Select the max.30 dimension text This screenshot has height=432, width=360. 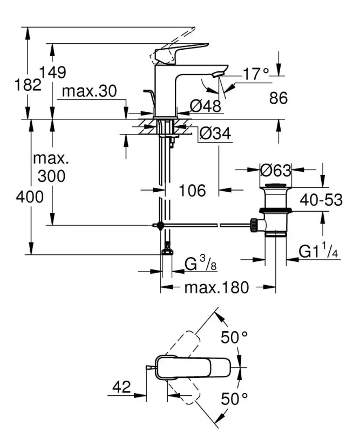(89, 92)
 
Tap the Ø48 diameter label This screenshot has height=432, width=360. (207, 106)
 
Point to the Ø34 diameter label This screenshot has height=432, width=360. (215, 133)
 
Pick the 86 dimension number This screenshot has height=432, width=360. (278, 98)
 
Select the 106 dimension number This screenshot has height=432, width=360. (192, 190)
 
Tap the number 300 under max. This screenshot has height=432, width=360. (51, 175)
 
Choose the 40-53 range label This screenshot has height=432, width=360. (321, 200)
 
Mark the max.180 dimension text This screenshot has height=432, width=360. (216, 287)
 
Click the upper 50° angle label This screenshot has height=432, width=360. (234, 338)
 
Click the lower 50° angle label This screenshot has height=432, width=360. (234, 399)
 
